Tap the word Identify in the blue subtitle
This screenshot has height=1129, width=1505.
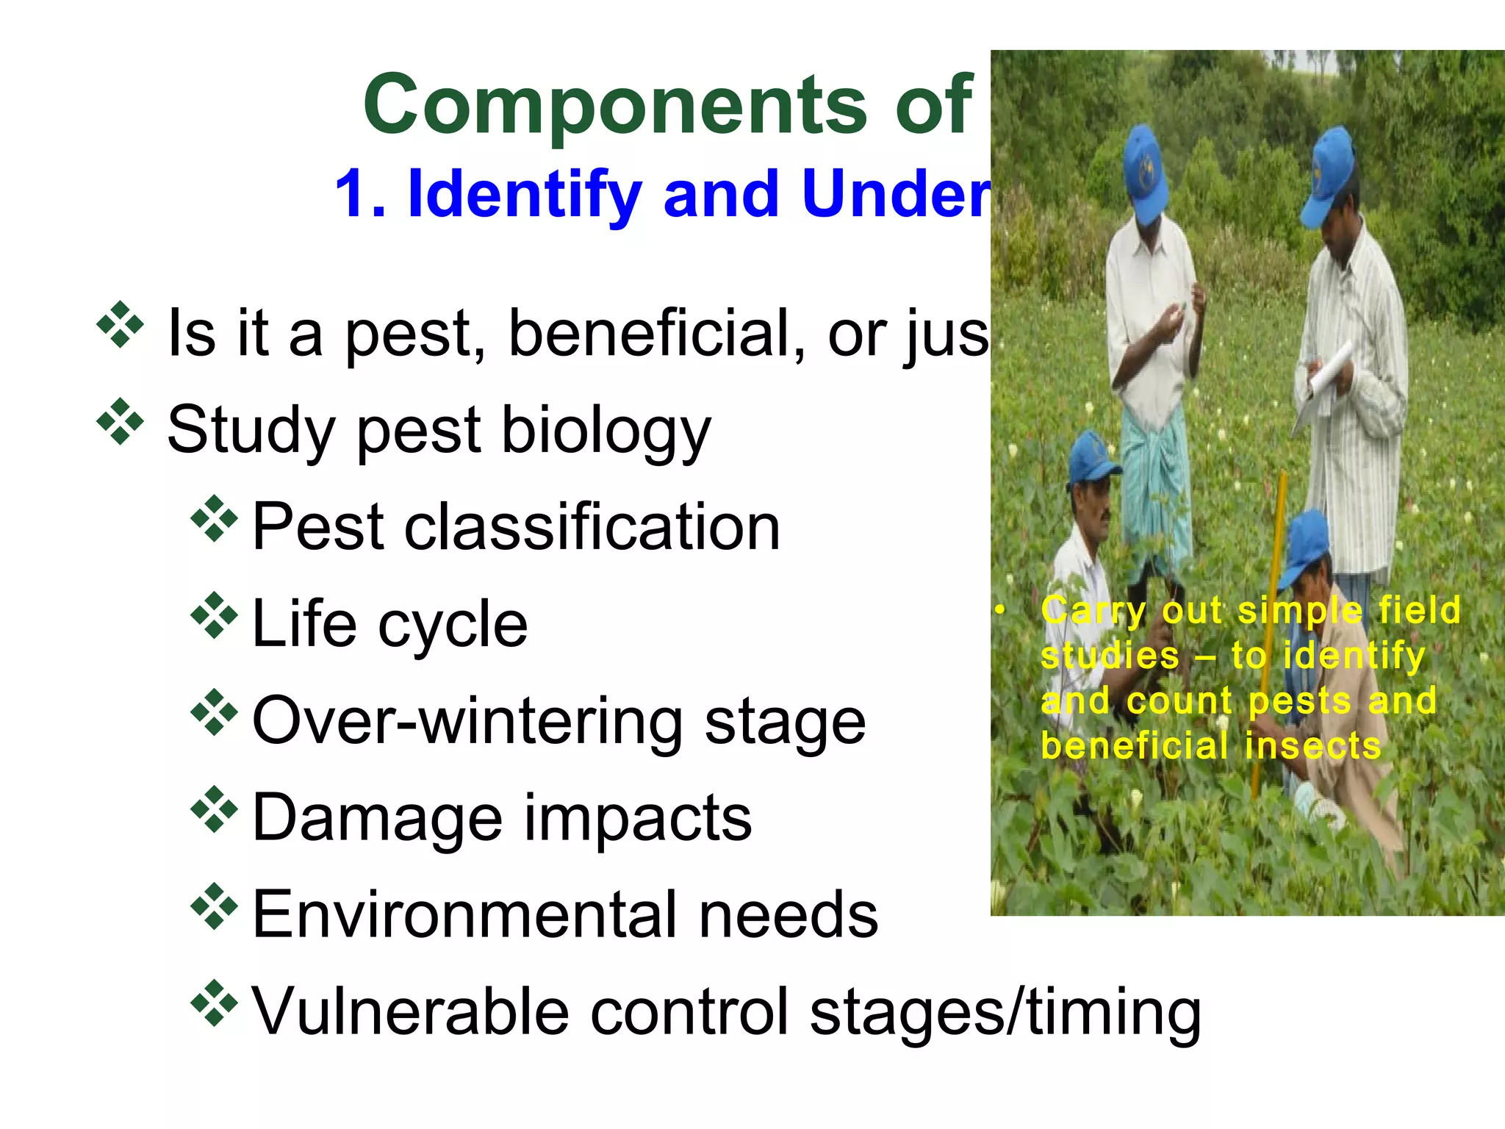tap(525, 195)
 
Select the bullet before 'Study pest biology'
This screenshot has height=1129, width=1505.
tap(119, 422)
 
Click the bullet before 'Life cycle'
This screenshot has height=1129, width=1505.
tap(214, 614)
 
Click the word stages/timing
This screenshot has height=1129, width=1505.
tap(1005, 1013)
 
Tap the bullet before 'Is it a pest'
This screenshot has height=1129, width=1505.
tap(119, 324)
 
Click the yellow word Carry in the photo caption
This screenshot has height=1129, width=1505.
tap(1093, 611)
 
